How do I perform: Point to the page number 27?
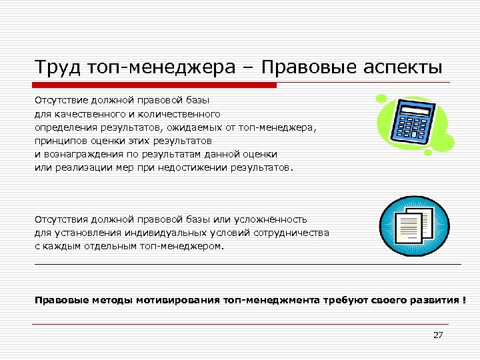(437, 335)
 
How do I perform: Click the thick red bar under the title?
(155, 85)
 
